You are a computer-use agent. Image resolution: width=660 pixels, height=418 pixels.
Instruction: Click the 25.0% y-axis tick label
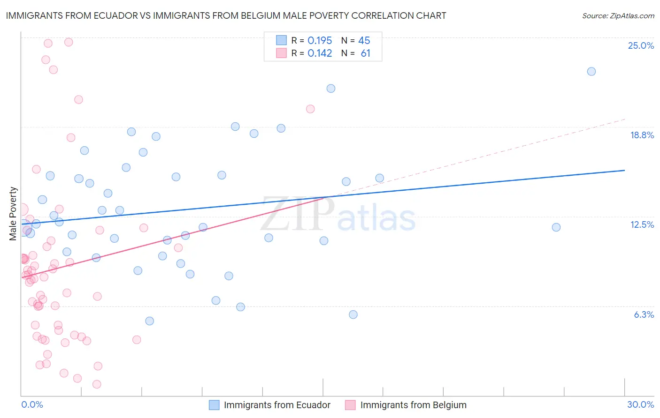click(x=641, y=45)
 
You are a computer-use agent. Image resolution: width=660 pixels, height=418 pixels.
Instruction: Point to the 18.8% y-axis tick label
click(x=642, y=135)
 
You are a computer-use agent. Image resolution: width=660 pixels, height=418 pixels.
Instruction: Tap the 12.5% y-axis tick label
click(x=642, y=224)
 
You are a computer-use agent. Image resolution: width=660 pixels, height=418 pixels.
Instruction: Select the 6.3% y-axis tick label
click(x=644, y=314)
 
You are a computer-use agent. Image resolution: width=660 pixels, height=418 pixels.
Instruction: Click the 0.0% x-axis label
click(x=32, y=404)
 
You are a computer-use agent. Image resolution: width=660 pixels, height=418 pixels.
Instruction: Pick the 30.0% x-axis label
click(x=640, y=404)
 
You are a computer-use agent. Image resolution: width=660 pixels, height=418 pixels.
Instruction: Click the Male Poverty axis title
click(x=13, y=214)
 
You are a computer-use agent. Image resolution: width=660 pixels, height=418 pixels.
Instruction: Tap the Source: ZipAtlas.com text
click(x=618, y=16)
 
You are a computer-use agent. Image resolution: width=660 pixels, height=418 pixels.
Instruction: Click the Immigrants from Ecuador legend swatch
click(x=214, y=405)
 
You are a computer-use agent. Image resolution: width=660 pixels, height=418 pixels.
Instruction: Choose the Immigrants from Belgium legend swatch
click(x=350, y=405)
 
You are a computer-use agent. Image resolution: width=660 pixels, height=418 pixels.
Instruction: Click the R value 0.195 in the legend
click(x=320, y=40)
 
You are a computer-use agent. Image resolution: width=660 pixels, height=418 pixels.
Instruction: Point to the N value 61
click(x=365, y=53)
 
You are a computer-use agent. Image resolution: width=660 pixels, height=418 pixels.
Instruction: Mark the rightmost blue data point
click(x=591, y=72)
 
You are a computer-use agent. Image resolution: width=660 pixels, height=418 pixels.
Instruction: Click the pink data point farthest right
click(x=310, y=109)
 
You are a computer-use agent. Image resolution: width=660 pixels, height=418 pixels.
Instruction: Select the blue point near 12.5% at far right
click(x=556, y=227)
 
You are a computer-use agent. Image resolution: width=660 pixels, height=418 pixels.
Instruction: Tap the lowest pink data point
click(x=97, y=384)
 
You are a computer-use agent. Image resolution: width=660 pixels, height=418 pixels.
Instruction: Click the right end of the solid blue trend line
click(x=624, y=171)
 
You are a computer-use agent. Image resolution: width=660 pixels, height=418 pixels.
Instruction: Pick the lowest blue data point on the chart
click(x=150, y=321)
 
